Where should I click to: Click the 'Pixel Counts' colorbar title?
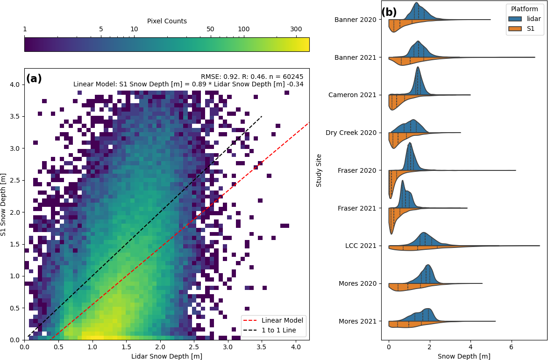167,21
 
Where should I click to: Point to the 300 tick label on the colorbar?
296,29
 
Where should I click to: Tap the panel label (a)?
34,79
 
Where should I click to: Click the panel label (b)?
389,13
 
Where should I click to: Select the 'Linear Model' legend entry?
282,320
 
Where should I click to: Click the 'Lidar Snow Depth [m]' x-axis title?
167,356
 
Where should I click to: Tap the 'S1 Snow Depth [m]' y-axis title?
4,204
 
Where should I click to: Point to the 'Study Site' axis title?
319,170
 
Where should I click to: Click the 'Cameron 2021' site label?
352,95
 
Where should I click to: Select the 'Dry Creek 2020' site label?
351,133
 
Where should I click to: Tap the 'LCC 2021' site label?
361,246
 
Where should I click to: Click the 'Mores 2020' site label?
358,283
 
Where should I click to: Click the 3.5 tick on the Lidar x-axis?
262,347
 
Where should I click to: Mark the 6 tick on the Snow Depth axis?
512,347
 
